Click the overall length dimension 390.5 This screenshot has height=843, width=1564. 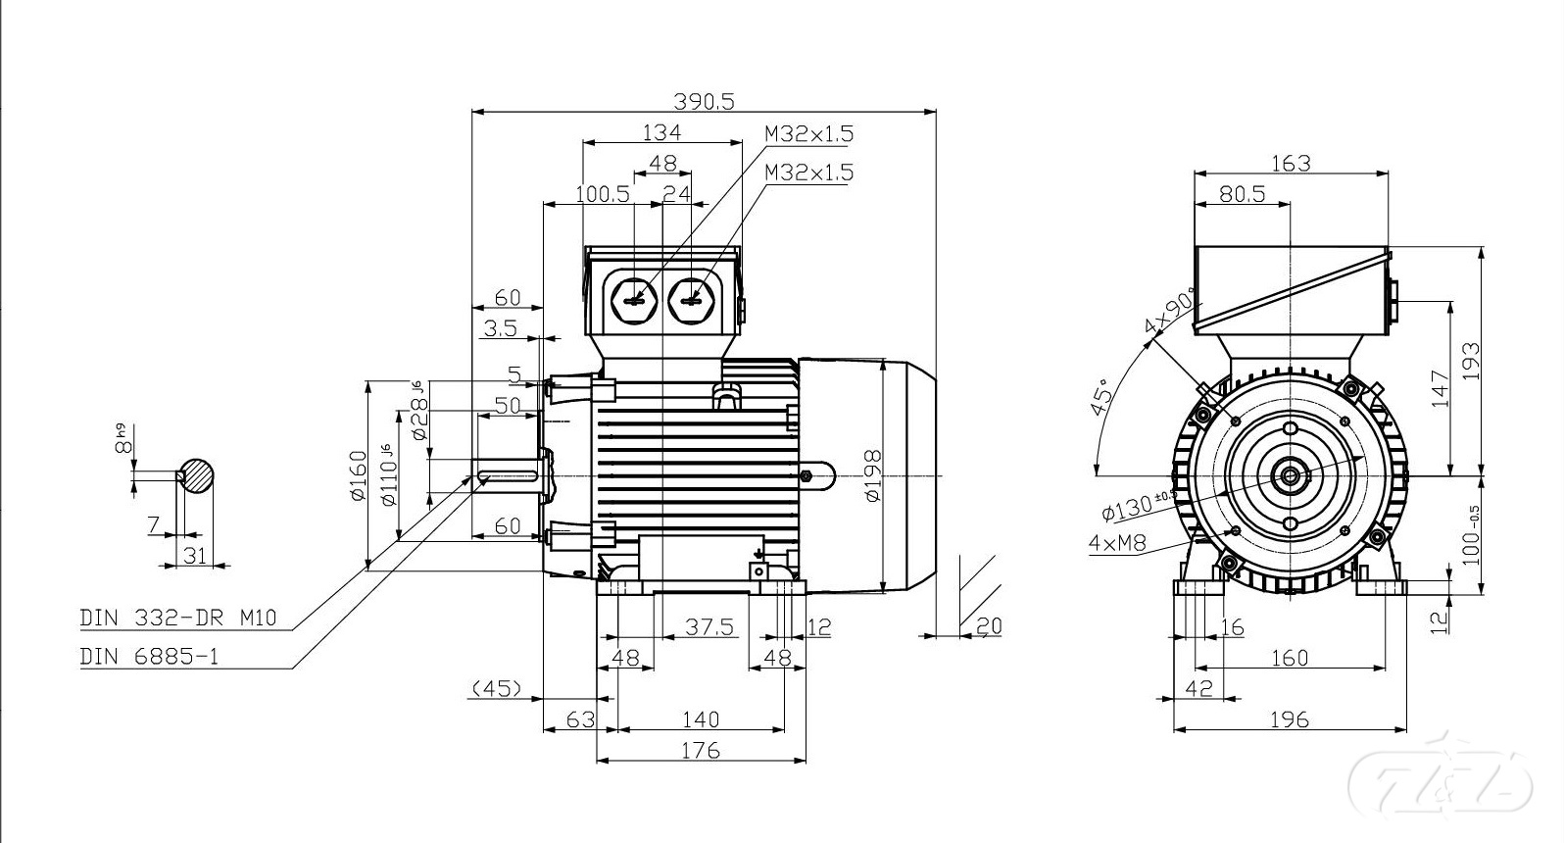pos(703,100)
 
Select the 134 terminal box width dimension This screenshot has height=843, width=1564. pos(661,131)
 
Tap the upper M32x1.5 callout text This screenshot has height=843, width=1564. pos(808,133)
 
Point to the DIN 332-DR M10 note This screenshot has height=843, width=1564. pos(178,618)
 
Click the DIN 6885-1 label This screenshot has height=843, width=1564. pos(149,657)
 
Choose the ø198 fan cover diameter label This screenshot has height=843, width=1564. pos(873,475)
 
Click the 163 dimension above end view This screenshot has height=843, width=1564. pos(1290,163)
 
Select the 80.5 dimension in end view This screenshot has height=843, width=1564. pos(1242,194)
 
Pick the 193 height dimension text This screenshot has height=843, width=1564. pos(1471,364)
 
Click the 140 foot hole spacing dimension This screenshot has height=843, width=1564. pos(700,719)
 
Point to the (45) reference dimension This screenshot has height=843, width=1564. pos(496,689)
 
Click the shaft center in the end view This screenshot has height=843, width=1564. pos(1290,477)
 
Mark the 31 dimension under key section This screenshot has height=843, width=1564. pos(195,556)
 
